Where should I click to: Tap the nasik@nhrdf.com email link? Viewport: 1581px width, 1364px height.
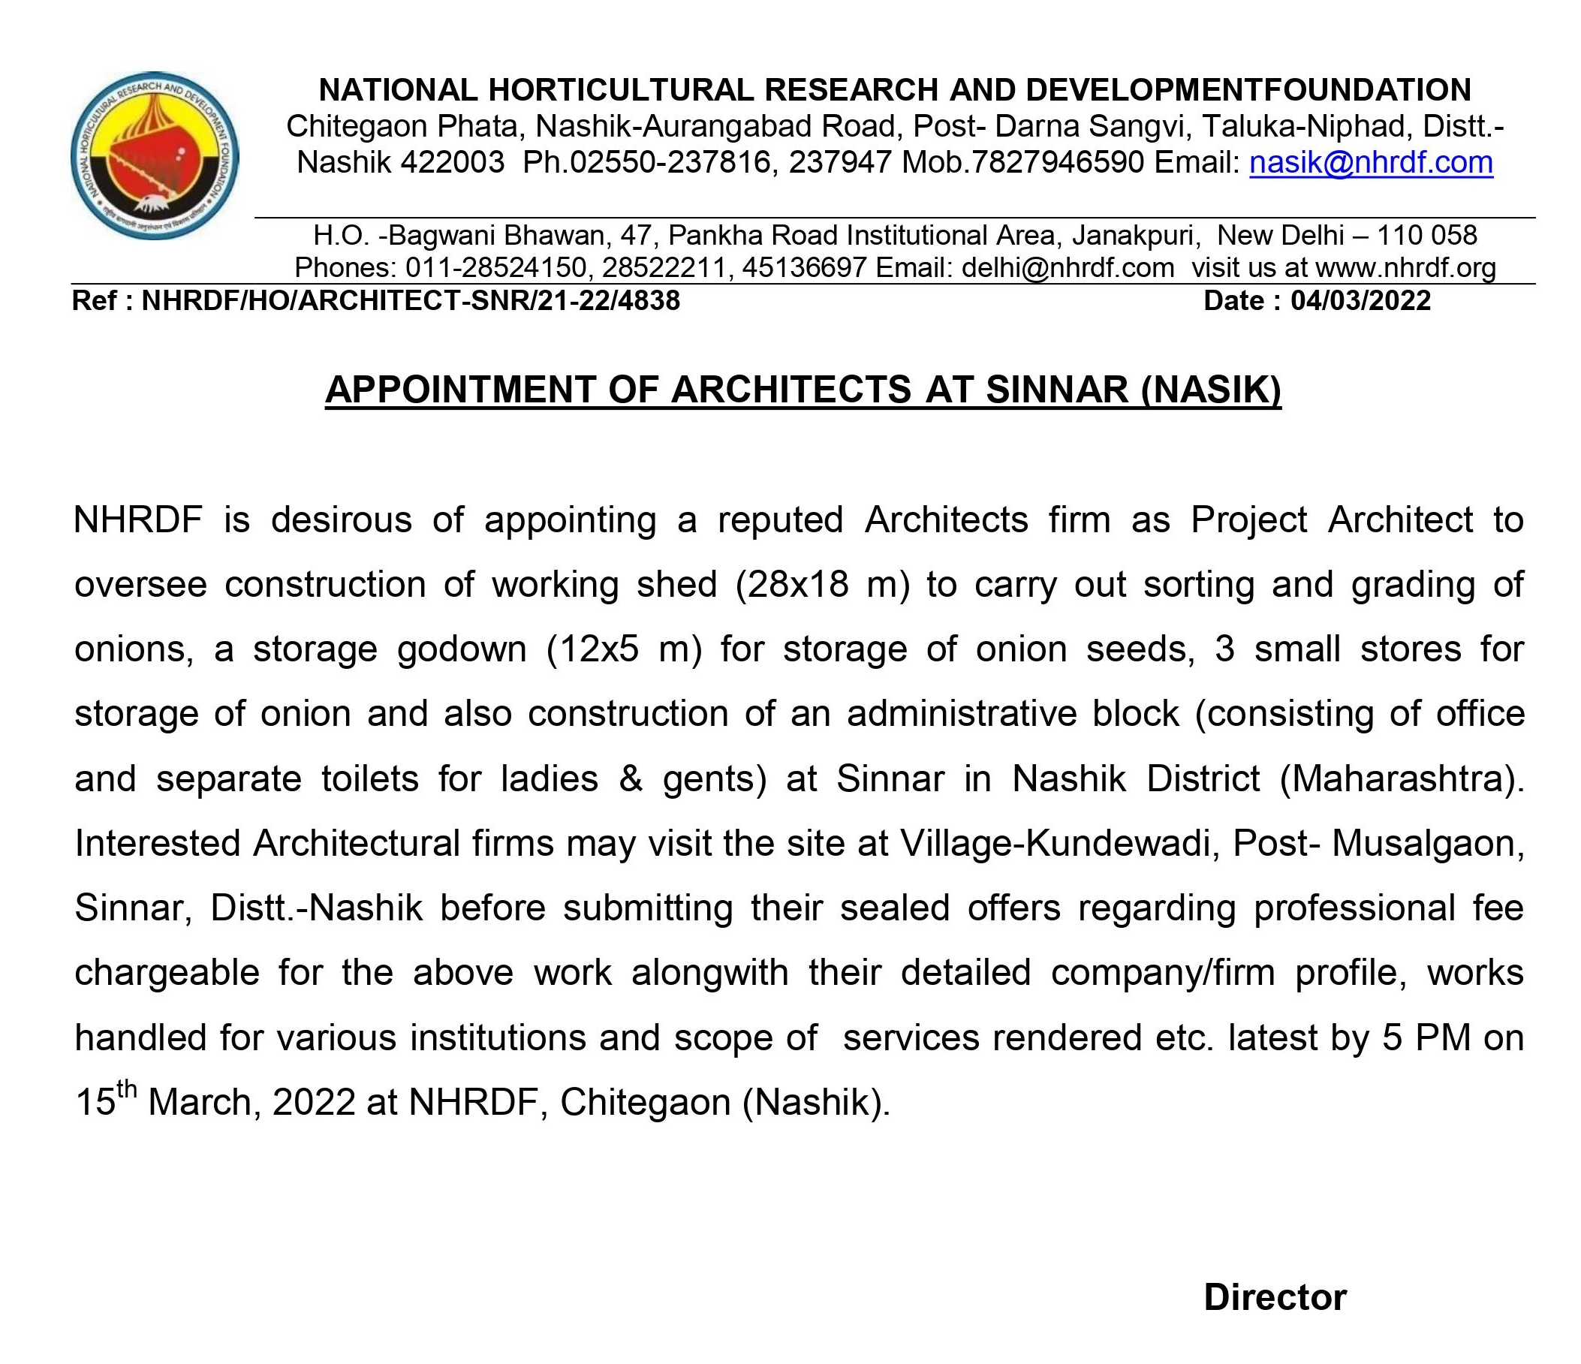click(x=1370, y=162)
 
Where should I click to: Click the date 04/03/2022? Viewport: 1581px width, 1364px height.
click(x=1360, y=300)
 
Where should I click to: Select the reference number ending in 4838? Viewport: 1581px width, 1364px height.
click(x=411, y=300)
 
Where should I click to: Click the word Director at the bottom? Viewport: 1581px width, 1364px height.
click(x=1275, y=1297)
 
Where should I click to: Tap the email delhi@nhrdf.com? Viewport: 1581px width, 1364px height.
click(x=1068, y=268)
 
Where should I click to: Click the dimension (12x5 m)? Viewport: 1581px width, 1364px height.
click(x=624, y=649)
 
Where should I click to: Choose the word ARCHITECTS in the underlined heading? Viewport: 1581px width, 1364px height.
click(x=790, y=390)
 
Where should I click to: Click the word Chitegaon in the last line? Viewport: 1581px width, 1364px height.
click(x=646, y=1102)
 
